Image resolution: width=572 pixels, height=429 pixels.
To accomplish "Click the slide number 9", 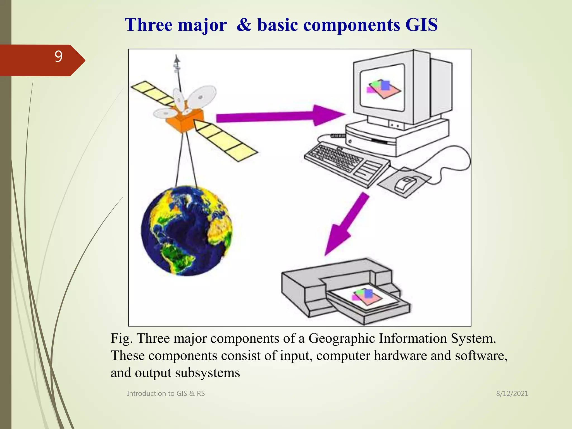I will (x=58, y=57).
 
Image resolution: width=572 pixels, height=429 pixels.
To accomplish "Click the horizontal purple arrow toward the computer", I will (x=279, y=116).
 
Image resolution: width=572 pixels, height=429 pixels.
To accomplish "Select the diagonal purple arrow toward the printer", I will (x=346, y=223).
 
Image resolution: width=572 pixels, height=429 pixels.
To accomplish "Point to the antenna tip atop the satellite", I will (x=176, y=59).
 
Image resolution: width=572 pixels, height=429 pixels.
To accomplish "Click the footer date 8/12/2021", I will (x=512, y=394).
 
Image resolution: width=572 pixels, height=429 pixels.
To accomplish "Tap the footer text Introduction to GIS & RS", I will (x=166, y=394).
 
